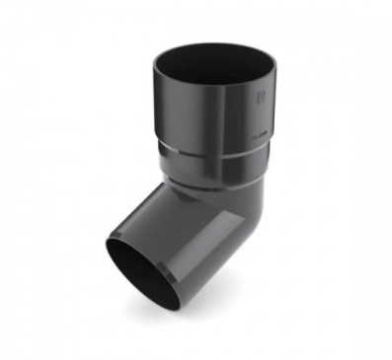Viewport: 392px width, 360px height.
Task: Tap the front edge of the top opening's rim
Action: (207, 87)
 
